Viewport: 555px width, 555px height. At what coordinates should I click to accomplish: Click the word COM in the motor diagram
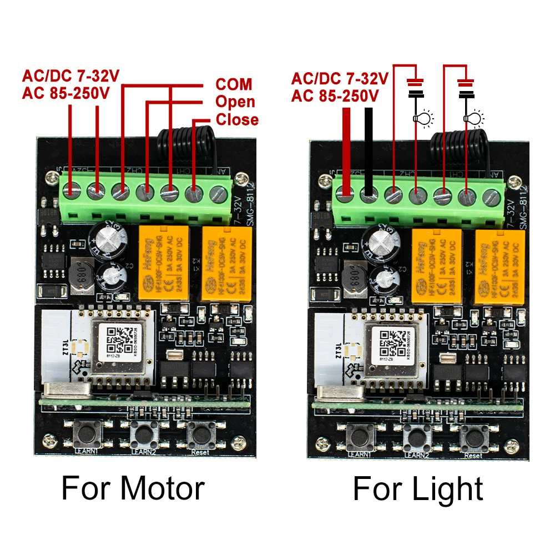coord(234,84)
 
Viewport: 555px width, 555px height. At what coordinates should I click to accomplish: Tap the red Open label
coord(235,102)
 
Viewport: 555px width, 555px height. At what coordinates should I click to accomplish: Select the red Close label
coord(237,120)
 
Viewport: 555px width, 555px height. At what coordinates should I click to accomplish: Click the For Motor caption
coord(133,489)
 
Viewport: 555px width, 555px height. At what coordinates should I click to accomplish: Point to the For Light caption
coord(418,489)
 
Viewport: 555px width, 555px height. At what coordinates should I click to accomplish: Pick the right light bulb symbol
coord(472,118)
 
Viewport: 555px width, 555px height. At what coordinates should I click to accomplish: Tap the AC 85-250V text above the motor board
coord(66,93)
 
